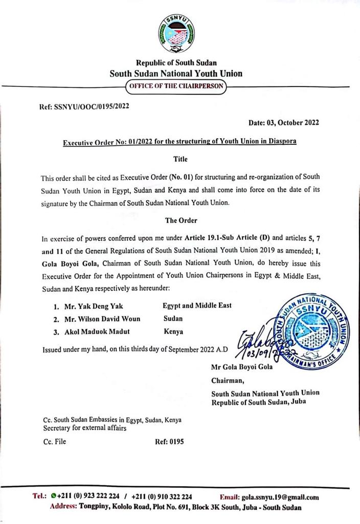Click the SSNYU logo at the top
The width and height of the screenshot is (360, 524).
[176, 34]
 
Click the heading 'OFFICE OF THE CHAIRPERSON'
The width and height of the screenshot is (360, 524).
[176, 86]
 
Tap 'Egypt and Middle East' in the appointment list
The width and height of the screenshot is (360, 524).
[197, 305]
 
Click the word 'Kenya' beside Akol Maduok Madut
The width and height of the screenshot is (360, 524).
[173, 332]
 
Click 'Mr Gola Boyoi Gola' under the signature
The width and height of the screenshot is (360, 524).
[242, 367]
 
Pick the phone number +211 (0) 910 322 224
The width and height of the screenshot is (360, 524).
[162, 497]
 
